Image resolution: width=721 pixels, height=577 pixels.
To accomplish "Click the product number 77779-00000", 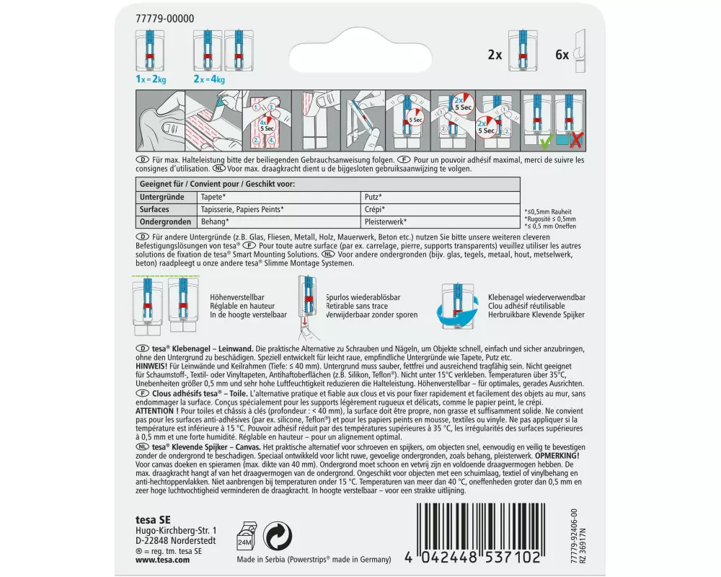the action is pyautogui.click(x=164, y=19).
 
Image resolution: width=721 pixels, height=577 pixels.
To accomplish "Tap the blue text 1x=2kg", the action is pyautogui.click(x=151, y=79).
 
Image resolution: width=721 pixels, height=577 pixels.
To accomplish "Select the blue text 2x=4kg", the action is pyautogui.click(x=209, y=79).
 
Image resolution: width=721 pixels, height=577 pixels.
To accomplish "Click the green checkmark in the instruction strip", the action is pyautogui.click(x=545, y=141).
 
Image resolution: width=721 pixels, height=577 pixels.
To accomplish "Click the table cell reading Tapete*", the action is pyautogui.click(x=213, y=197).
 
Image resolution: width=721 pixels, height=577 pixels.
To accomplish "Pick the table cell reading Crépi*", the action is pyautogui.click(x=375, y=209).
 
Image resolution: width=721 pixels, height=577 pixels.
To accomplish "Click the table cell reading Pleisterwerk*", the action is pyautogui.click(x=385, y=221).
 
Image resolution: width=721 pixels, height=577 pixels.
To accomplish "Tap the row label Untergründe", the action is pyautogui.click(x=162, y=197).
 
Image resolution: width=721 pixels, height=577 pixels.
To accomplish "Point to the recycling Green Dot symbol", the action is pyautogui.click(x=278, y=536).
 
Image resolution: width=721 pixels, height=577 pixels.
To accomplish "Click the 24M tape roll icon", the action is pyautogui.click(x=246, y=537).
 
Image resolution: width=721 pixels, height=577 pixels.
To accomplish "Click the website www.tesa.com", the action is pyautogui.click(x=162, y=560).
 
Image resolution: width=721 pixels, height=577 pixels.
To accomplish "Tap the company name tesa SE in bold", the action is pyautogui.click(x=153, y=519).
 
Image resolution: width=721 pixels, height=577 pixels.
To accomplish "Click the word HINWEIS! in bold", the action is pyautogui.click(x=151, y=366).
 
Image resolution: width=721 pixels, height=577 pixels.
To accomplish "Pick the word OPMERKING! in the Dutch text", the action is pyautogui.click(x=557, y=456).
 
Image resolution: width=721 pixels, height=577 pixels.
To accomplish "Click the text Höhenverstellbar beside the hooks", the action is pyautogui.click(x=237, y=297).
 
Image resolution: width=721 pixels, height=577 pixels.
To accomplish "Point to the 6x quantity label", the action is pyautogui.click(x=562, y=56).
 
